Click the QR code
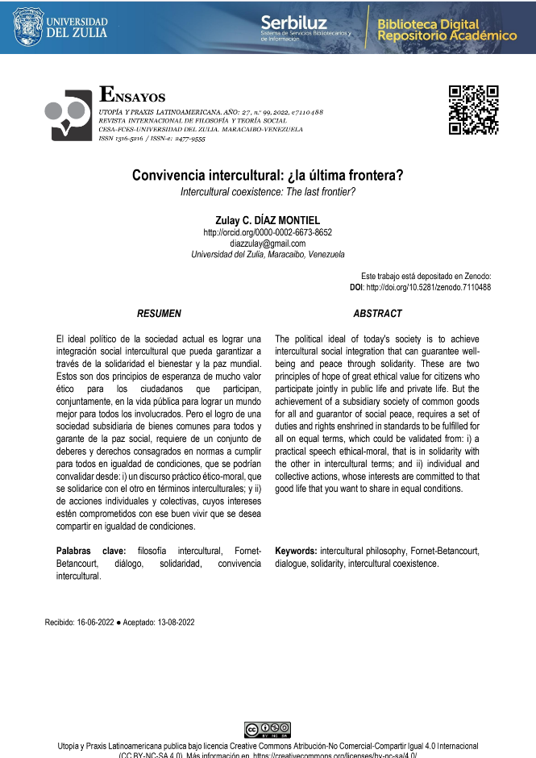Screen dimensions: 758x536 pos(473,110)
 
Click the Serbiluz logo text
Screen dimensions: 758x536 pos(294,23)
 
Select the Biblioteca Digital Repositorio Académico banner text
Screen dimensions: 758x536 pos(447,30)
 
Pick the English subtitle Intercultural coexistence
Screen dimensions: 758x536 pos(268,191)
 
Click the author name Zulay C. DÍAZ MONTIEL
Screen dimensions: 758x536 pos(268,219)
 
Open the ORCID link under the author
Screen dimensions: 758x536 pos(268,232)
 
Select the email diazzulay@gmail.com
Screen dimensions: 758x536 pos(268,244)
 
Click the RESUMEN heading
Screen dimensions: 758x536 pos(159,313)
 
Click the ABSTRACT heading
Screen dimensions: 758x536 pos(377,313)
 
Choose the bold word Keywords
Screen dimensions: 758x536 pos(299,551)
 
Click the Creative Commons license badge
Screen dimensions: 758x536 pos(267,730)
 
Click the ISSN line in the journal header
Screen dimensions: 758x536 pos(152,139)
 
